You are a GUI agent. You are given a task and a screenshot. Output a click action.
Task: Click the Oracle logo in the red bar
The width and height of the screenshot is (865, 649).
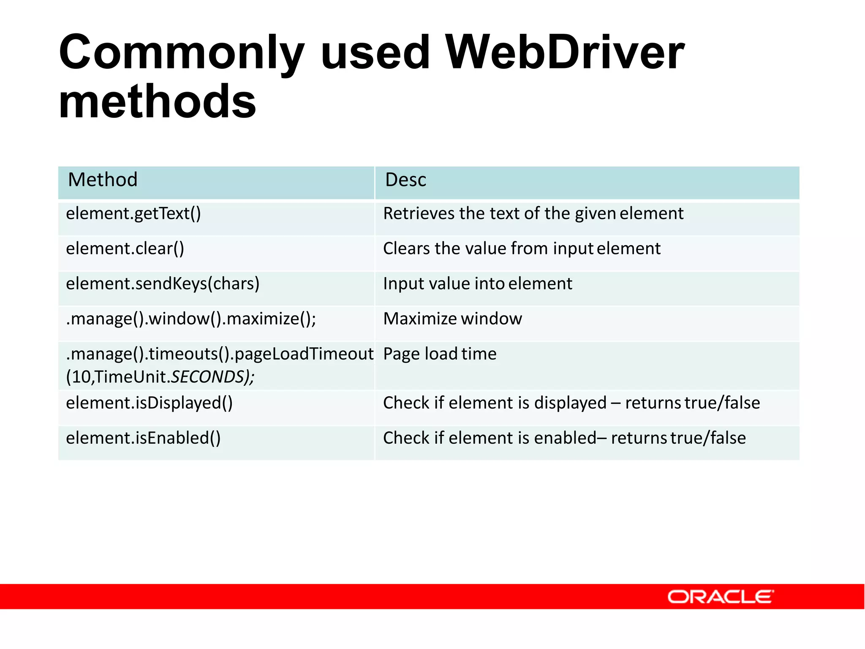pyautogui.click(x=720, y=597)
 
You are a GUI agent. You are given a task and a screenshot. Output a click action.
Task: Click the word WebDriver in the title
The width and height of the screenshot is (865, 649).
pyautogui.click(x=565, y=52)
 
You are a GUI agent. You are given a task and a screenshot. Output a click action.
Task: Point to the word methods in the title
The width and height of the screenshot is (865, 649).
pyautogui.click(x=158, y=101)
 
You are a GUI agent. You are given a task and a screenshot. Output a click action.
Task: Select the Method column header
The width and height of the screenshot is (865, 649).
pyautogui.click(x=103, y=180)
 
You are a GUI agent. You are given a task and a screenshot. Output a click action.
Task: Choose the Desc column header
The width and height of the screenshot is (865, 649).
pyautogui.click(x=405, y=180)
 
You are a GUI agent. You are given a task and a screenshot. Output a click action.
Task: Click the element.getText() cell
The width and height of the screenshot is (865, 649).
pyautogui.click(x=133, y=214)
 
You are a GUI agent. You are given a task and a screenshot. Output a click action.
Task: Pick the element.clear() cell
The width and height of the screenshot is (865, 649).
pyautogui.click(x=125, y=248)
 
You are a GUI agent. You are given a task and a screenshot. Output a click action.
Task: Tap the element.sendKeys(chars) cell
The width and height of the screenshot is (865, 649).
pyautogui.click(x=163, y=284)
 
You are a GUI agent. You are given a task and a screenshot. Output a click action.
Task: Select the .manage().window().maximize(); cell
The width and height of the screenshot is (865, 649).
pyautogui.click(x=191, y=319)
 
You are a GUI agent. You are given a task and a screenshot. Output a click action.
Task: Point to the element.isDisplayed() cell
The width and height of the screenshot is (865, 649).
pyautogui.click(x=149, y=403)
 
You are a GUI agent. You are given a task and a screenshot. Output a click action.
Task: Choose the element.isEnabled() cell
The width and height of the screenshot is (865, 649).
pyautogui.click(x=143, y=438)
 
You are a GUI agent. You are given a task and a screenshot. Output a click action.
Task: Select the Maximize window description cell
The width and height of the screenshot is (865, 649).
pyautogui.click(x=452, y=319)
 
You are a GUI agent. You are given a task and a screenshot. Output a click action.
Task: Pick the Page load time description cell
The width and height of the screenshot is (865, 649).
pyautogui.click(x=440, y=354)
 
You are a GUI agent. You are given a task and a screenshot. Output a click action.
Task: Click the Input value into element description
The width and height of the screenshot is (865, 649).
pyautogui.click(x=477, y=284)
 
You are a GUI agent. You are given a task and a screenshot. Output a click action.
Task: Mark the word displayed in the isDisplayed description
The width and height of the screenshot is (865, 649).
pyautogui.click(x=570, y=403)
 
